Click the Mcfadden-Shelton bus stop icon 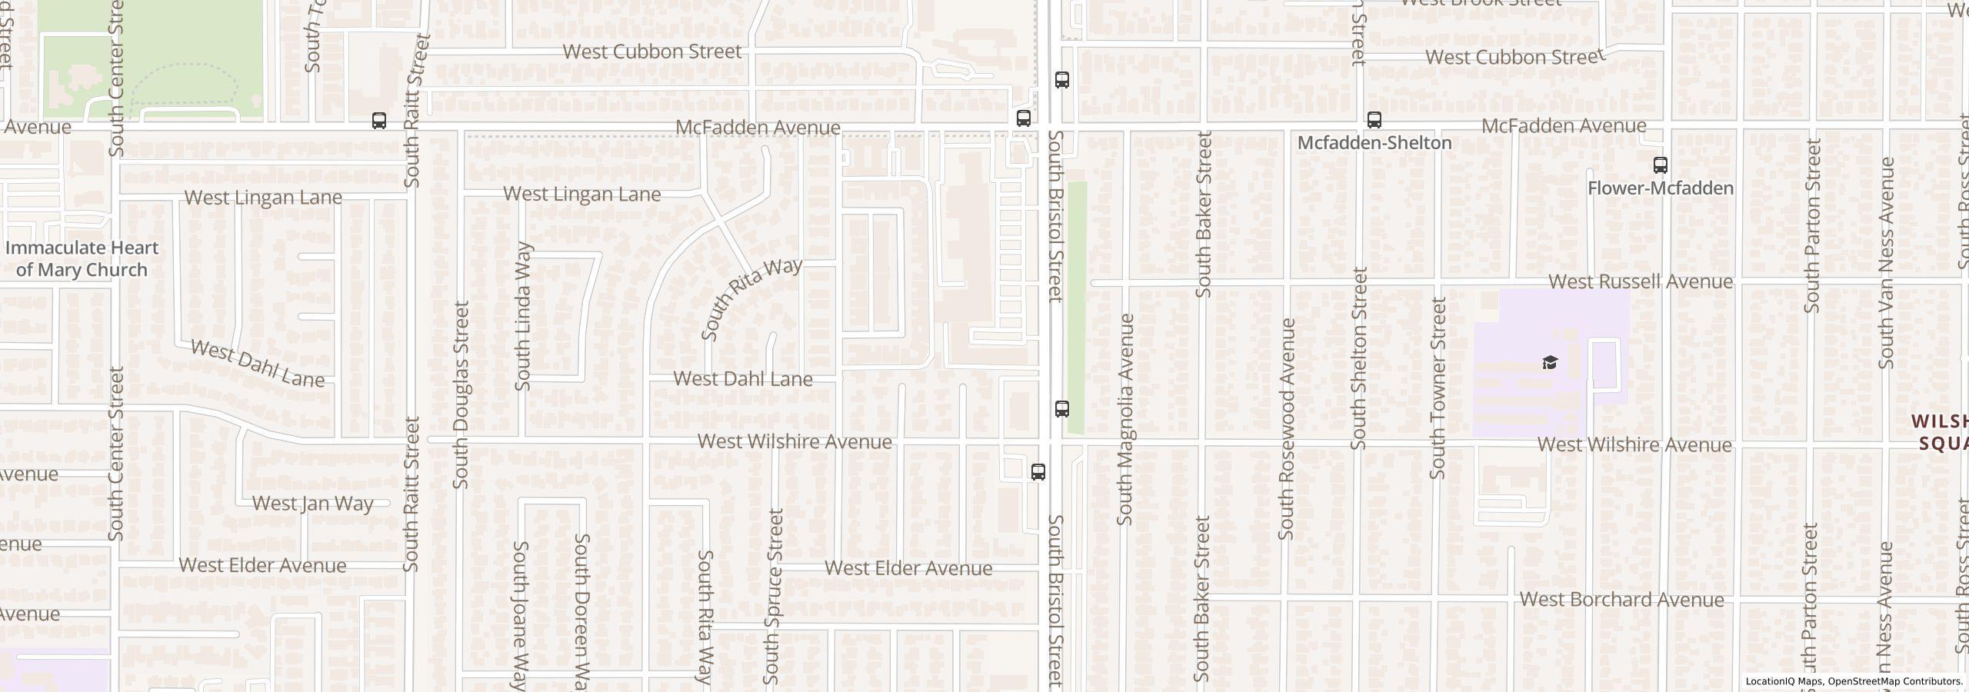click(1374, 120)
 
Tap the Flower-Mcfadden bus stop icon click(1660, 165)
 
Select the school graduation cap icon click(1550, 362)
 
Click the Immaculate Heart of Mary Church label click(82, 258)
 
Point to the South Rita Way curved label click(751, 298)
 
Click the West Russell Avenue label click(1640, 281)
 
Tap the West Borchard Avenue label click(1621, 600)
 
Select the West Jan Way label click(312, 504)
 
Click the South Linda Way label click(523, 316)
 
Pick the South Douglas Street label click(460, 394)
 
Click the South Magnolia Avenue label click(1125, 419)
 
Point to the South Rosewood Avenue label click(1287, 428)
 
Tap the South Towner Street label click(1437, 388)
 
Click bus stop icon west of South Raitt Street click(378, 121)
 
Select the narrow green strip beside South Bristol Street click(1077, 308)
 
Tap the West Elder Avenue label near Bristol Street click(908, 568)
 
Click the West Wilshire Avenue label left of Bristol click(794, 441)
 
